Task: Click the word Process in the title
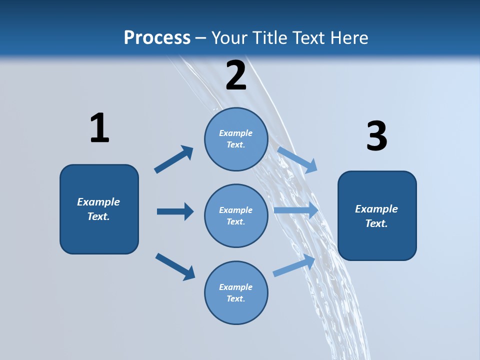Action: click(x=157, y=38)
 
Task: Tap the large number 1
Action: click(x=99, y=128)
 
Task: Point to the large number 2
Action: click(x=236, y=75)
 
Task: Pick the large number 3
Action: click(x=376, y=136)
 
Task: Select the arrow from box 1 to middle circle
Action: click(x=175, y=211)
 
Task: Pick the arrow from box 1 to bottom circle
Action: click(x=175, y=266)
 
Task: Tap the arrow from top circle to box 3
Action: click(x=297, y=159)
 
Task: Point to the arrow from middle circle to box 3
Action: click(x=296, y=210)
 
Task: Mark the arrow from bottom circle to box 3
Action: click(x=294, y=265)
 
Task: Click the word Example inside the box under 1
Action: click(x=98, y=202)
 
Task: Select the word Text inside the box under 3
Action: click(x=376, y=223)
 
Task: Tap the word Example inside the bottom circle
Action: click(x=236, y=287)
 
